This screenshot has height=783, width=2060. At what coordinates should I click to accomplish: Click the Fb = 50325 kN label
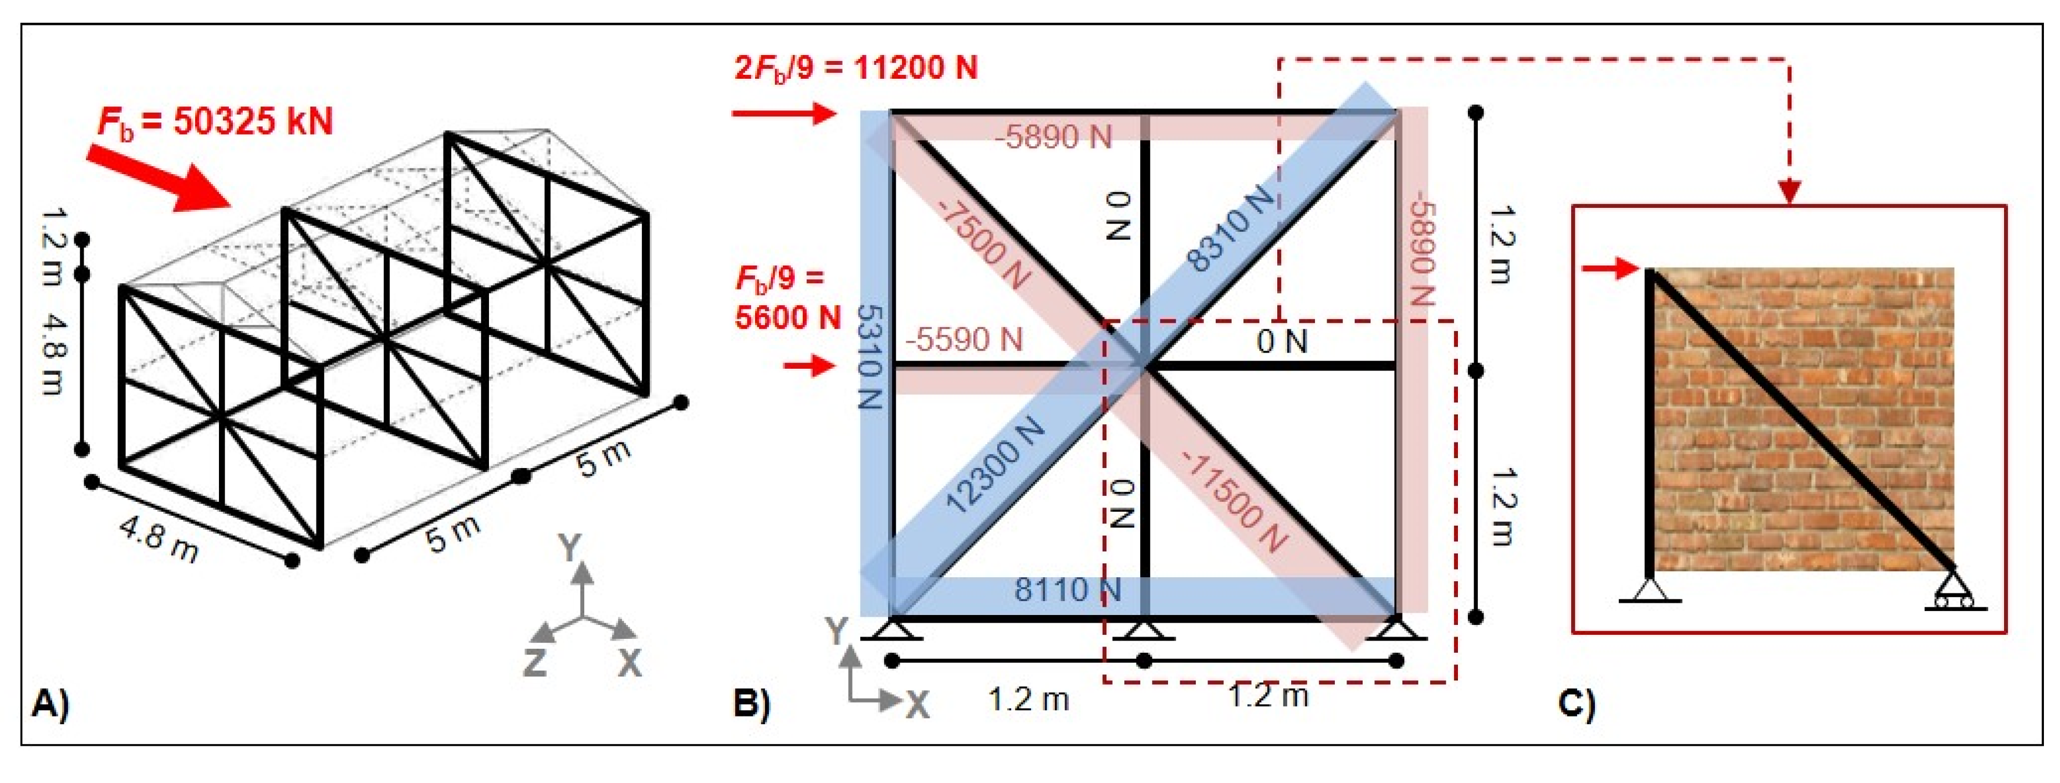[215, 123]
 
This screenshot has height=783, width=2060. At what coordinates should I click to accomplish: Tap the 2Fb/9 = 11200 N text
[856, 67]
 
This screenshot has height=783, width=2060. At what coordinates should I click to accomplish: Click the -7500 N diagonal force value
[983, 245]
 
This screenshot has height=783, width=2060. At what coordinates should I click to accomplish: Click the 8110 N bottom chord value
[1068, 590]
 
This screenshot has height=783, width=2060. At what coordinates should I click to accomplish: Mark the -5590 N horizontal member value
[963, 340]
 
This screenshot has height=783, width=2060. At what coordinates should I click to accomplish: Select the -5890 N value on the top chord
[1053, 138]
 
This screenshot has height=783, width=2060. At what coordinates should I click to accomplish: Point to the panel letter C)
[1576, 703]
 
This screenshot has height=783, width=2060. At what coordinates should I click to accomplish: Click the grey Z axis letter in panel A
[534, 662]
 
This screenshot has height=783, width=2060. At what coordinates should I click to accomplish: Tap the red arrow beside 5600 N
[809, 367]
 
